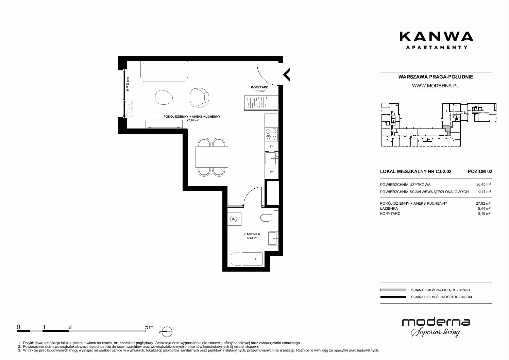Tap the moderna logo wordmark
click(x=436, y=322)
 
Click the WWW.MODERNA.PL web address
click(x=435, y=86)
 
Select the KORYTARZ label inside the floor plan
click(x=259, y=87)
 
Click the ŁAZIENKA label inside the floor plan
click(x=252, y=234)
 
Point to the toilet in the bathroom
click(x=266, y=218)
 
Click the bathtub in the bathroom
click(x=245, y=259)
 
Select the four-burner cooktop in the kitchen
click(x=271, y=135)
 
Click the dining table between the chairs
click(x=211, y=157)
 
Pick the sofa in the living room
click(x=164, y=71)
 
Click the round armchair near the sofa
click(x=199, y=98)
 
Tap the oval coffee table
click(x=164, y=97)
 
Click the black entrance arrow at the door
click(x=287, y=74)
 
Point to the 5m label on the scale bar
click(x=149, y=327)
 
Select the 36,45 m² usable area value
click(x=483, y=185)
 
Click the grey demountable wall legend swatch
click(x=393, y=290)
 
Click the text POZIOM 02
click(x=480, y=171)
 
